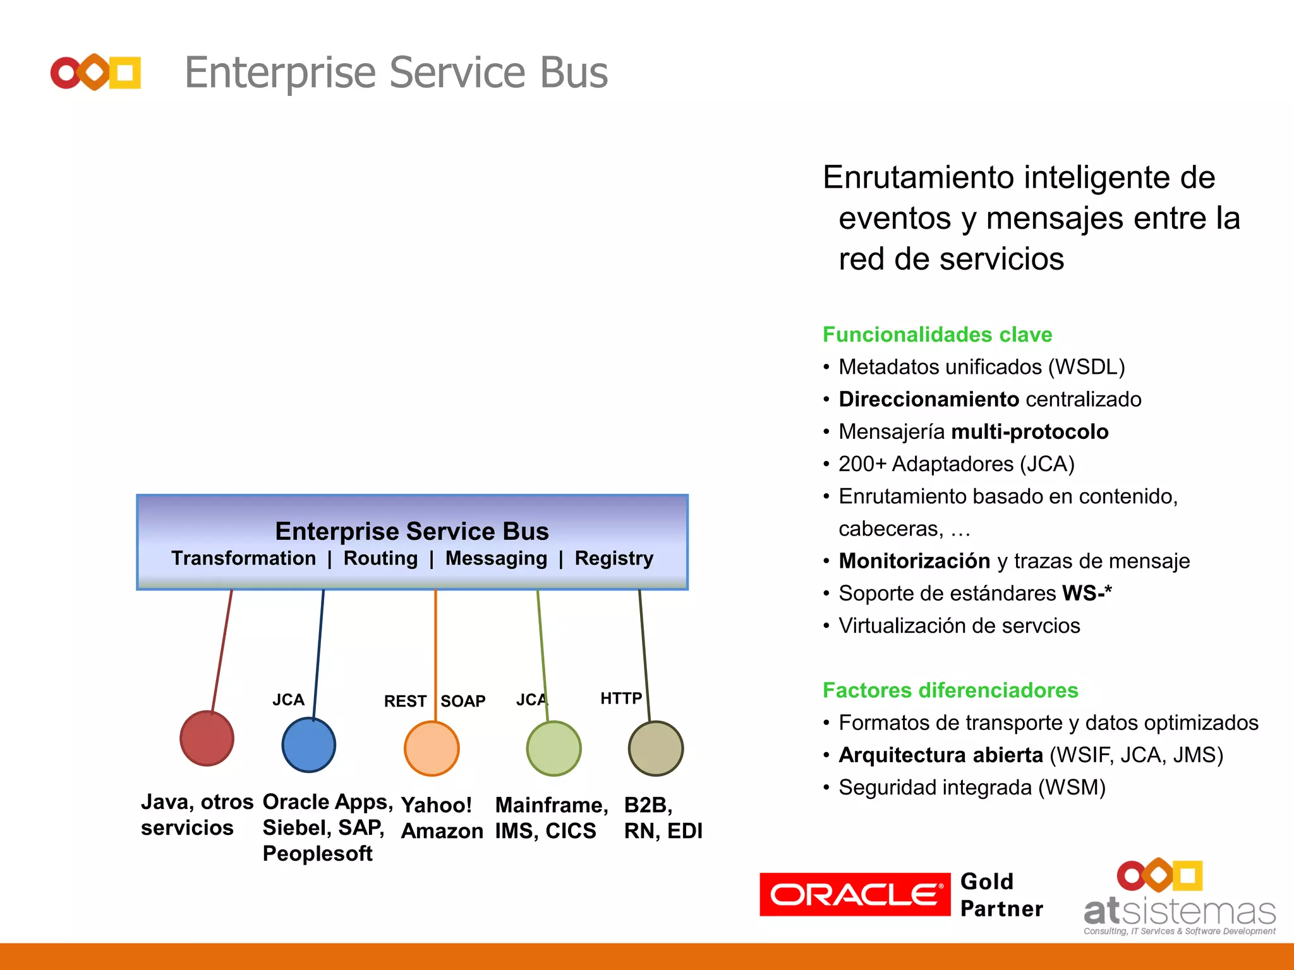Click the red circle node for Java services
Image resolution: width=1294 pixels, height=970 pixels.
coord(207,738)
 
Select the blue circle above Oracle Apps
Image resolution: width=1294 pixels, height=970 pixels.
coord(308,745)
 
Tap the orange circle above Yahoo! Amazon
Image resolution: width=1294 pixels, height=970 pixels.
coord(432,748)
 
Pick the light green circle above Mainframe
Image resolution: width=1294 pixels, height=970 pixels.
coord(553,748)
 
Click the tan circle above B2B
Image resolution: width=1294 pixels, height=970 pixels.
coord(656,748)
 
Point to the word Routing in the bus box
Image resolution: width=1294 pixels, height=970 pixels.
coord(380,558)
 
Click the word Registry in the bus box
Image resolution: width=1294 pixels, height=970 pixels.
coord(614,558)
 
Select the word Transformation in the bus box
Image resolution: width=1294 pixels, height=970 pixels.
coord(243,558)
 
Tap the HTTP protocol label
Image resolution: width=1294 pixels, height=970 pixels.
coord(620,698)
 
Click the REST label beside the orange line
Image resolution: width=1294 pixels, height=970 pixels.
coord(405,701)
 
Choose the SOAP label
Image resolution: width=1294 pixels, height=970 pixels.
coord(463,701)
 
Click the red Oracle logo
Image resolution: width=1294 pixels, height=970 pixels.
coord(854,894)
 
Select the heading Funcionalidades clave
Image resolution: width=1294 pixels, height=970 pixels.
coord(937,334)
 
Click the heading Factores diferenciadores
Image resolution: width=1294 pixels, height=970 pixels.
coord(950,690)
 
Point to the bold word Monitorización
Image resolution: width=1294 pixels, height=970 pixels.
coord(914,561)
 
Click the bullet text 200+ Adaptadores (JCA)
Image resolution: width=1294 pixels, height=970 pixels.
coord(956,464)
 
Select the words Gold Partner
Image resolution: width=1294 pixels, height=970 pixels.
coord(1000,895)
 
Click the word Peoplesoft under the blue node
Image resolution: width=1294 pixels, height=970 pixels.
coord(317,854)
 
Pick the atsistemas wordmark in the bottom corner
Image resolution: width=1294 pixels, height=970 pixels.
coord(1179,912)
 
